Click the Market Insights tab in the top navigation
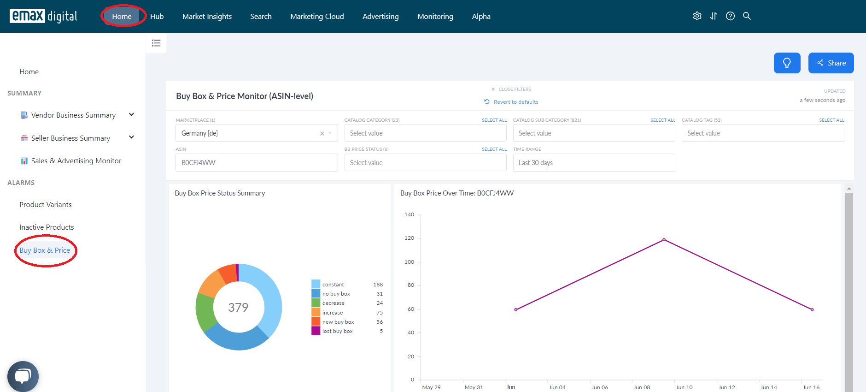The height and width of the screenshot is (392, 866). (x=207, y=17)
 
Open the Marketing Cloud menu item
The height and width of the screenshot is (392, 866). (x=317, y=17)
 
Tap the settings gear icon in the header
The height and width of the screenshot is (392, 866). (x=697, y=16)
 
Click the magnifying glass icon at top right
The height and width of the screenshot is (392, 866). (x=747, y=16)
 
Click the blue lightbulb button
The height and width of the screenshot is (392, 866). (x=787, y=63)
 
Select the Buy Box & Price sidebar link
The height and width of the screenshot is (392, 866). (x=45, y=250)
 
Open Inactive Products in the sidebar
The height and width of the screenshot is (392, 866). (x=47, y=227)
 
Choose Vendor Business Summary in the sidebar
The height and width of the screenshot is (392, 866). (x=73, y=115)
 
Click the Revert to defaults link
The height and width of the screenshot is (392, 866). (x=516, y=102)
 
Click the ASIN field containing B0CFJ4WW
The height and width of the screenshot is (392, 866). (x=257, y=163)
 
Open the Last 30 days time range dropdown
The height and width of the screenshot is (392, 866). (x=594, y=163)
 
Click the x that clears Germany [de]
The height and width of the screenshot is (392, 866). (x=322, y=133)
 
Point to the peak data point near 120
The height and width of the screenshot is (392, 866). (x=664, y=240)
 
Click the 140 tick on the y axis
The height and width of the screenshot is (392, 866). (x=409, y=214)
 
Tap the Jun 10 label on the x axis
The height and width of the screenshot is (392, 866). (x=684, y=387)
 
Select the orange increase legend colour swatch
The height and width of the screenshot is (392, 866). (x=316, y=312)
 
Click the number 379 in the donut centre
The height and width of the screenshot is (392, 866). (x=238, y=307)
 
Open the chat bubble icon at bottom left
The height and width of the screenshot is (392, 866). (x=23, y=376)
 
